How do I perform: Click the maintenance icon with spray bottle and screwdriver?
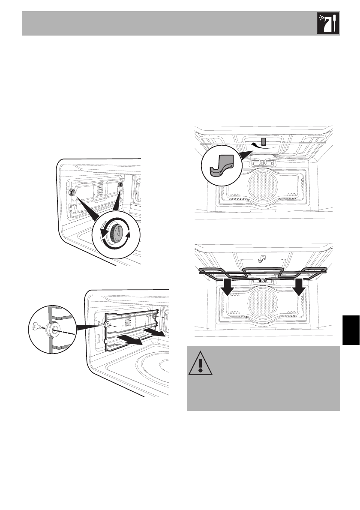pyautogui.click(x=328, y=23)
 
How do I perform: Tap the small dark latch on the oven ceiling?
pyautogui.click(x=264, y=141)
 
